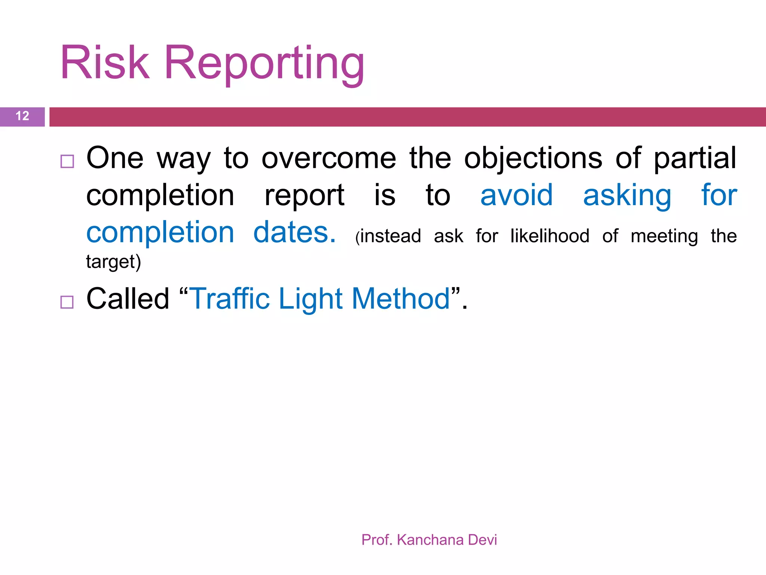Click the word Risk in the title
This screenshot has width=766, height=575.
(x=105, y=63)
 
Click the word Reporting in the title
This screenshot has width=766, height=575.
(x=264, y=64)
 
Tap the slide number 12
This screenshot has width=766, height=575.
(x=22, y=116)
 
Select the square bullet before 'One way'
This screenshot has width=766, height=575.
(x=67, y=161)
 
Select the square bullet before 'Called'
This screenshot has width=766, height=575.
(x=67, y=302)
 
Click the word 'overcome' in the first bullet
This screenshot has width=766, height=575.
(x=328, y=158)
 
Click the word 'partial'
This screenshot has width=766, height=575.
(x=695, y=158)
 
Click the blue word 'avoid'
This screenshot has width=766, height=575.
(x=516, y=195)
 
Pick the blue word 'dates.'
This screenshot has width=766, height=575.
(x=294, y=232)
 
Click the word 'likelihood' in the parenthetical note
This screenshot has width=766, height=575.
(x=550, y=236)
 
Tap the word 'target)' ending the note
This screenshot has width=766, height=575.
(x=113, y=262)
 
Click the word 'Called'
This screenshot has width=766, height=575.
(x=128, y=299)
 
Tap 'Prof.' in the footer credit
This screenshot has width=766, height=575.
(x=377, y=540)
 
